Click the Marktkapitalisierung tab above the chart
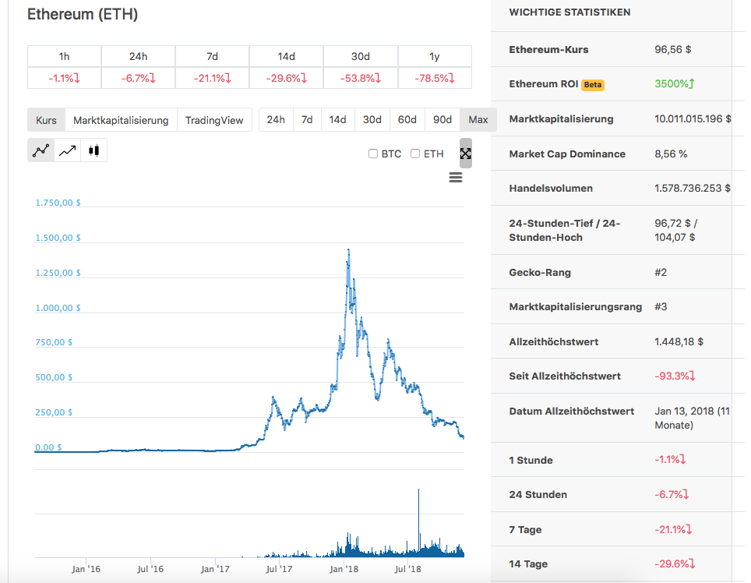121,120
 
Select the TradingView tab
214,120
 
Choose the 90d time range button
442,119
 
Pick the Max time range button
478,119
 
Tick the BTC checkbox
373,154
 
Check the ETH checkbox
415,154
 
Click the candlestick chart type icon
93,150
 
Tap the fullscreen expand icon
466,154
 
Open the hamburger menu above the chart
456,178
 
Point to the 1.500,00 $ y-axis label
58,238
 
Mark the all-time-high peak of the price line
347,249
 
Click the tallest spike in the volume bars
419,491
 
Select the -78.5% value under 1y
435,78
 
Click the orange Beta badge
593,84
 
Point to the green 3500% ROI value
675,83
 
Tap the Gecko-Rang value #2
661,272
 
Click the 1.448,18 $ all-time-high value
679,341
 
